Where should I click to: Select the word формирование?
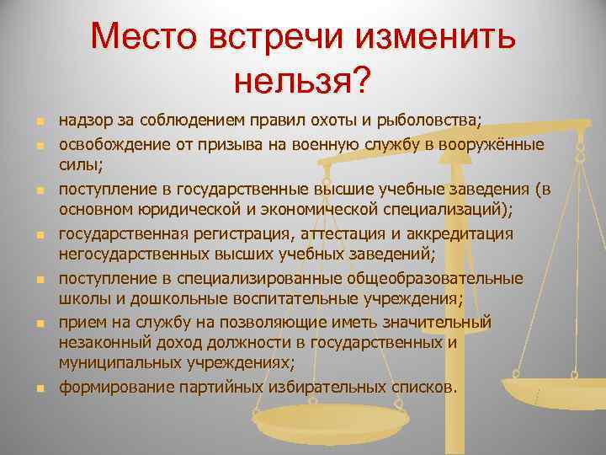[107, 388]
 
